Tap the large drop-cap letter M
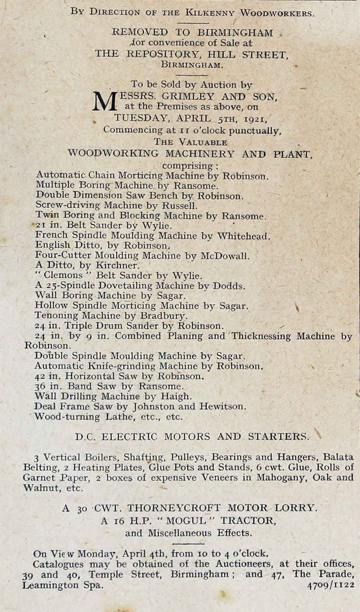pos(105,101)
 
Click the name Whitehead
pos(243,235)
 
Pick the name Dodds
pos(231,286)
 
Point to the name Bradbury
pos(163,315)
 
